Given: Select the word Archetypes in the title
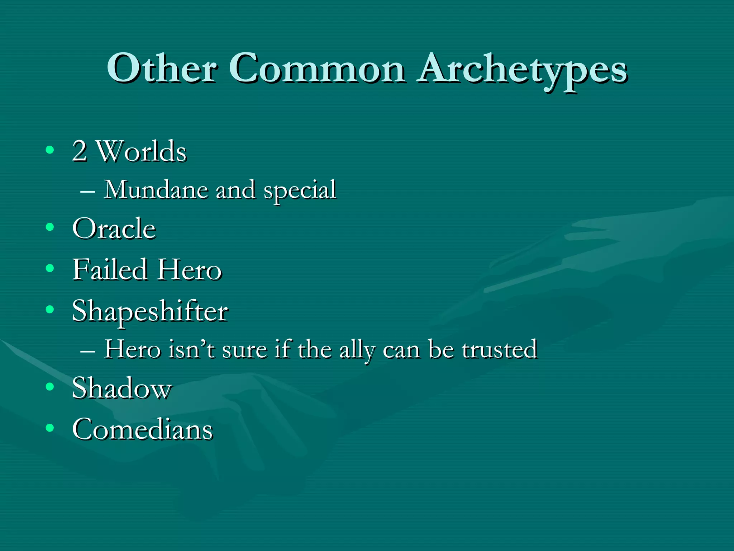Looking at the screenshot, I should click(523, 70).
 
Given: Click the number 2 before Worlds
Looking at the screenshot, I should click(79, 151).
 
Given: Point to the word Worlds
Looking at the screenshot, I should click(142, 151).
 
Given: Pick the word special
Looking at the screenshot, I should click(300, 190).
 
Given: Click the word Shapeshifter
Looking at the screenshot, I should click(150, 311).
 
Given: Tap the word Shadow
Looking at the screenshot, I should click(122, 388).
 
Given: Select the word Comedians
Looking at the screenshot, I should click(142, 429).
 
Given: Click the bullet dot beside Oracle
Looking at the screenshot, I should click(50, 227).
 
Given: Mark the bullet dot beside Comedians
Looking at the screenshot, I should click(50, 427).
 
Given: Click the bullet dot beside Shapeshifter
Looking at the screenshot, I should click(50, 309).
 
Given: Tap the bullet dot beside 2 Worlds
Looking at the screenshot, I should click(50, 150).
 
